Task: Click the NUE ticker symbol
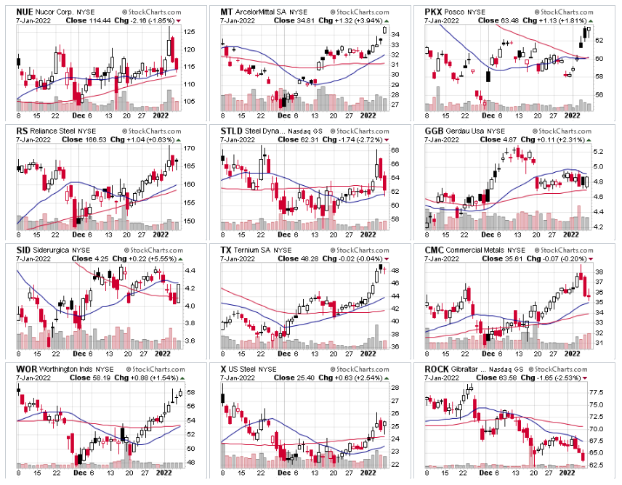[x=25, y=12]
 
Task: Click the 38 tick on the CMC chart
[x=599, y=271]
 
